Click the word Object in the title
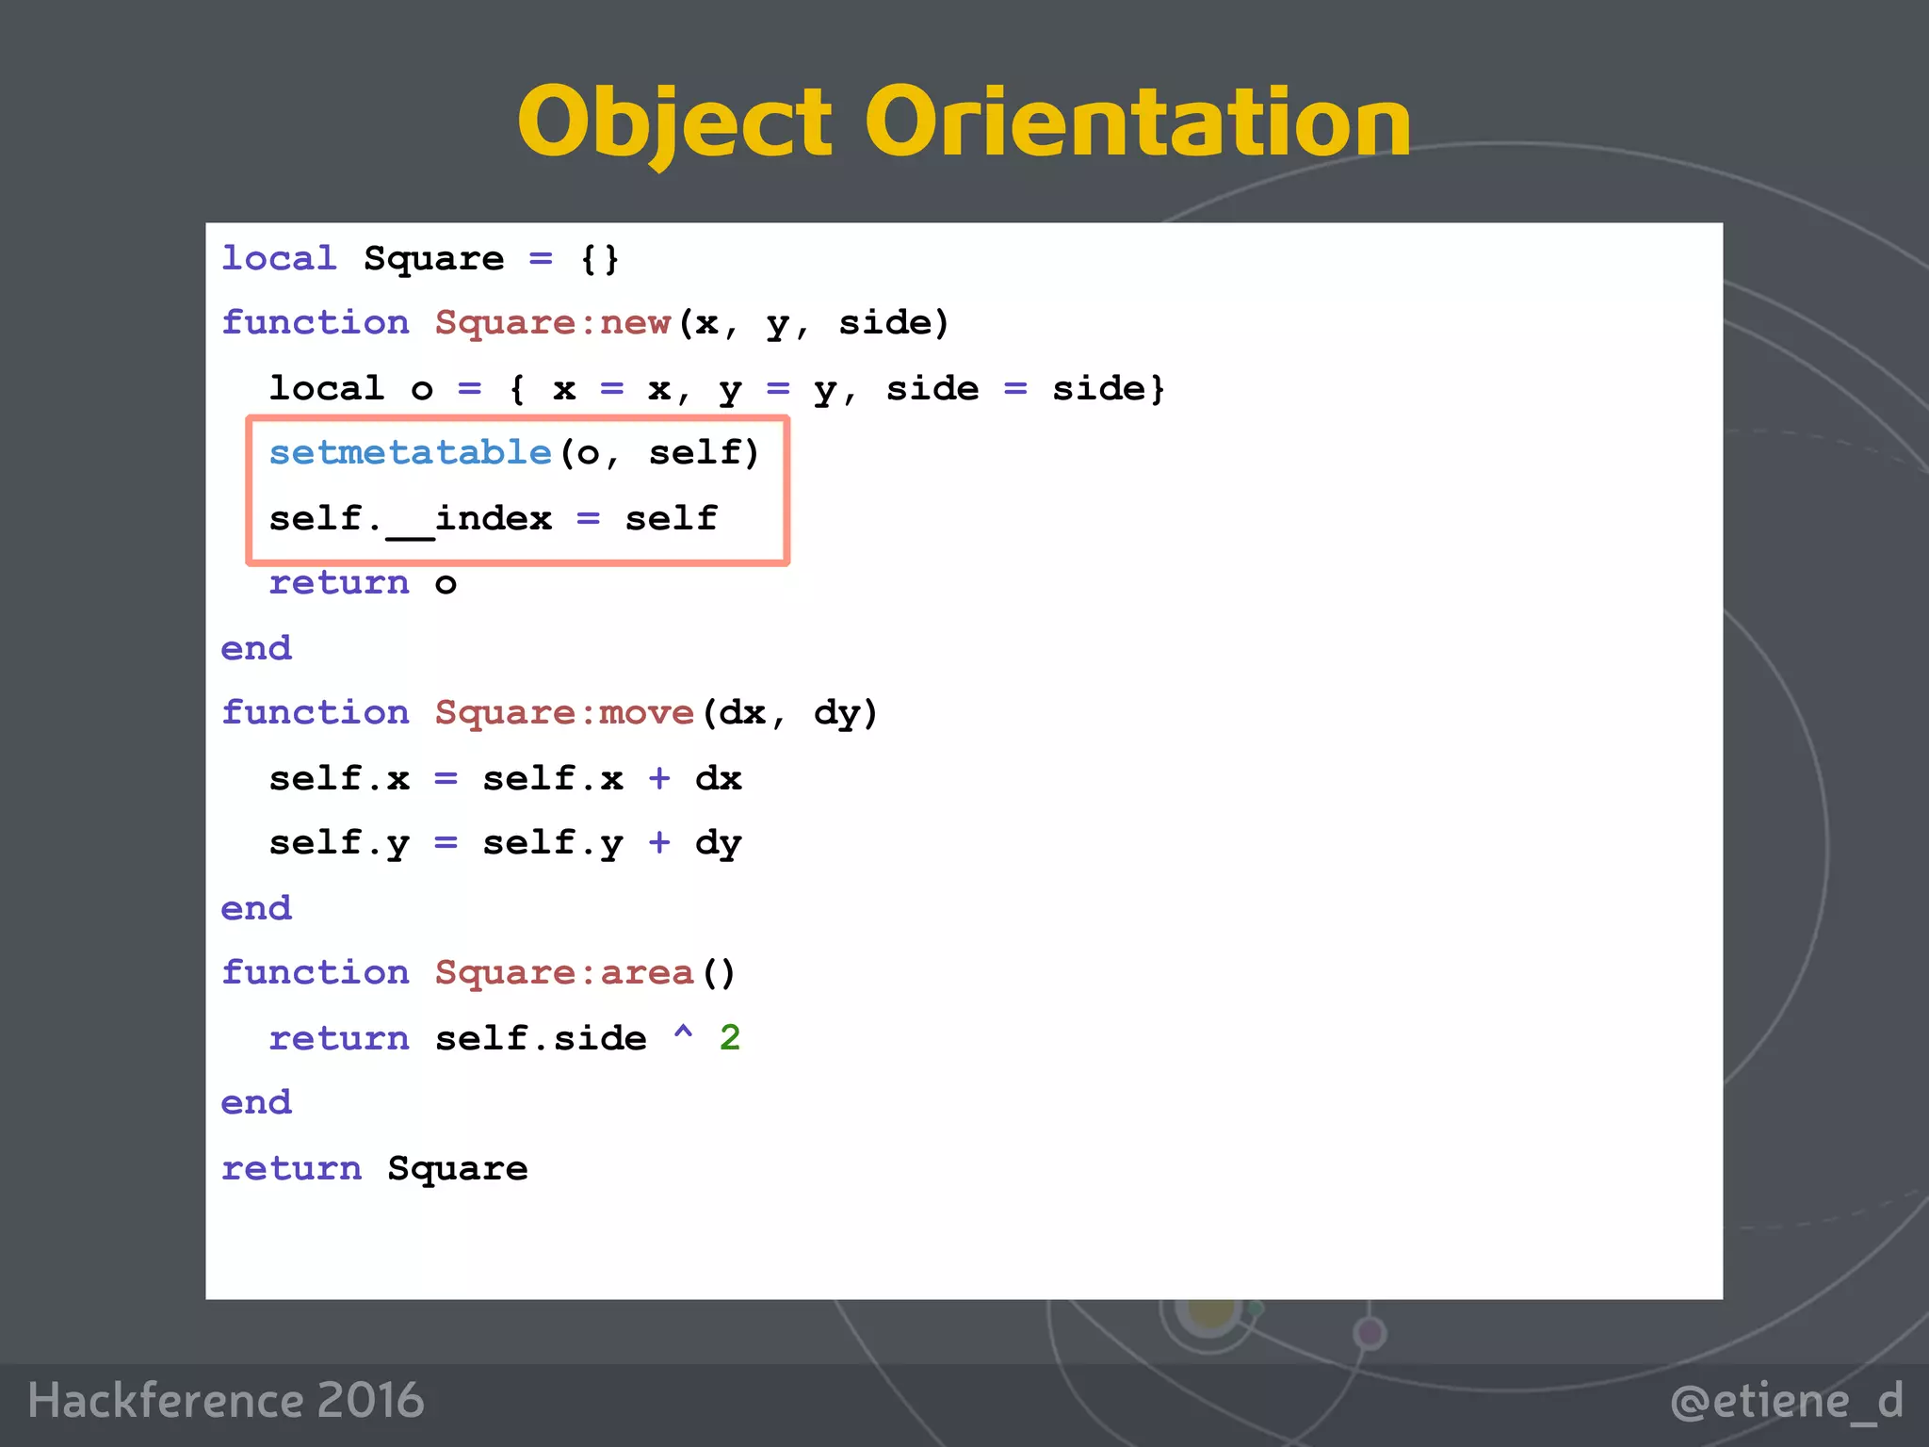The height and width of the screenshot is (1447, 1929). click(674, 122)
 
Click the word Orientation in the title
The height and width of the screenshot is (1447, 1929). click(1138, 122)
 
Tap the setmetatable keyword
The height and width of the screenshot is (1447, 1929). click(410, 453)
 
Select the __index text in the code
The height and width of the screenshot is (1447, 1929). click(469, 519)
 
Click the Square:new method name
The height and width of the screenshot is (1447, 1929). click(553, 323)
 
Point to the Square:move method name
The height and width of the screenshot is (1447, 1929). click(564, 713)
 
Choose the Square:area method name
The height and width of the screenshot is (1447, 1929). click(564, 973)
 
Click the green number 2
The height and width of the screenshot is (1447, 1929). click(730, 1038)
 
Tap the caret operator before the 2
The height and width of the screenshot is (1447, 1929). click(683, 1034)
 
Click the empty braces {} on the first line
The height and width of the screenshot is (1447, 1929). click(600, 259)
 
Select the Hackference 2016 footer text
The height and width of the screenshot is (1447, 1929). click(226, 1400)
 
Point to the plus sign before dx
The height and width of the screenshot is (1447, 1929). click(659, 779)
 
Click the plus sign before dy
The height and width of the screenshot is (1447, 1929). click(659, 843)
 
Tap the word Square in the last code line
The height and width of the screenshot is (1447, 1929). click(458, 1169)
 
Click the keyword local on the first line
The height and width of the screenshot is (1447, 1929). click(279, 259)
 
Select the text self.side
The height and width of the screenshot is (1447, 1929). click(541, 1038)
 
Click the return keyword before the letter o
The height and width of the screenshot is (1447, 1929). click(339, 584)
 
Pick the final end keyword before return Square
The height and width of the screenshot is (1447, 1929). click(256, 1103)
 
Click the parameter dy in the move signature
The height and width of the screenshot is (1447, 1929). click(836, 713)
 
